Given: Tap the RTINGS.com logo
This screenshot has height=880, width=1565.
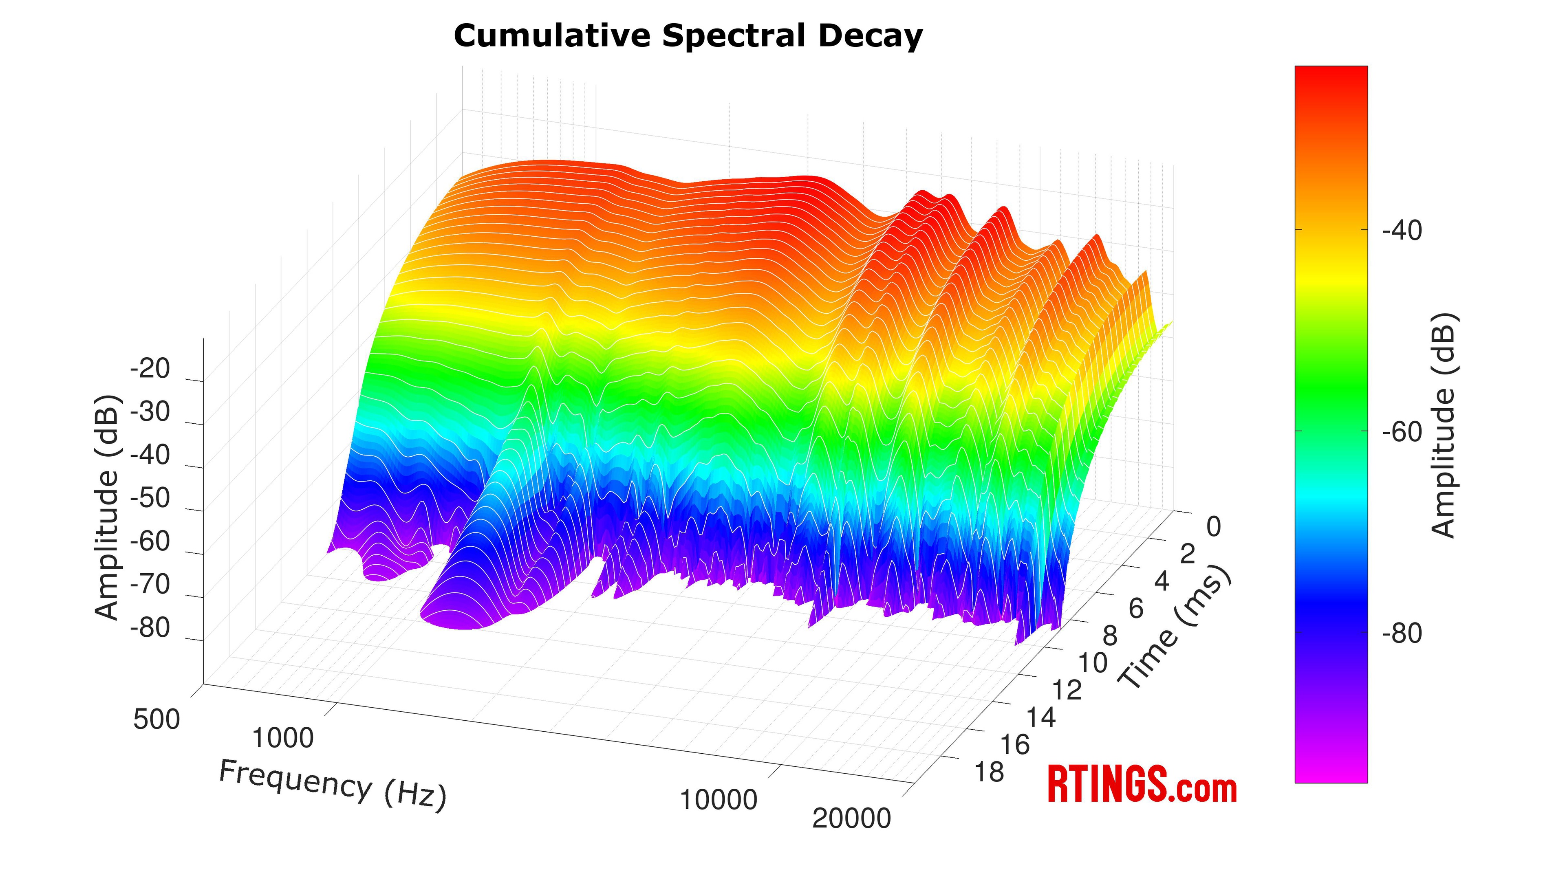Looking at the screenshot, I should point(1142,785).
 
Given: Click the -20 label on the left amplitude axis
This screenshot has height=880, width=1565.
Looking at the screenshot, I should point(150,369).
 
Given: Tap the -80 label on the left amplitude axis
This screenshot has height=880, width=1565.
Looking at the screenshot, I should point(150,628).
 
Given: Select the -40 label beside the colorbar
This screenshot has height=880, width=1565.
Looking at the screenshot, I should point(1402,231).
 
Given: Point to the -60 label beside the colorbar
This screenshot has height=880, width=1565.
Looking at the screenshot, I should point(1402,432).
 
